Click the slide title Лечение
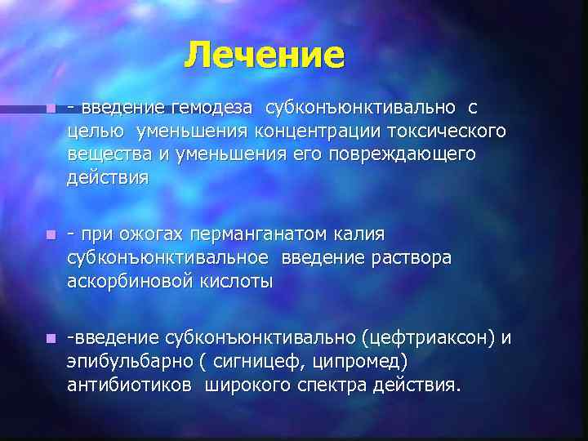point(265,56)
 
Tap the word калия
point(359,234)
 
